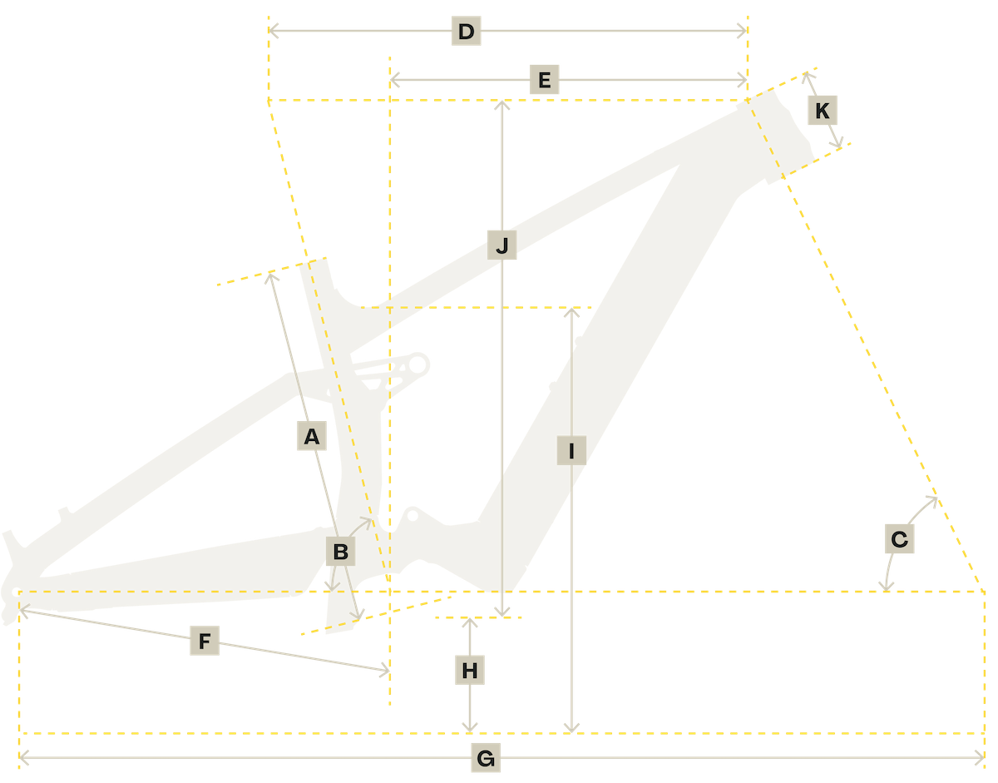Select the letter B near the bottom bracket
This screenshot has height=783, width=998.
click(x=340, y=551)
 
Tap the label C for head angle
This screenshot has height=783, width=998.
click(x=899, y=539)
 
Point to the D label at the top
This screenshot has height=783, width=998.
click(x=466, y=32)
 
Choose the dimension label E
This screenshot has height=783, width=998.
click(x=544, y=82)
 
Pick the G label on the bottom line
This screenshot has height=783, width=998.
click(x=487, y=759)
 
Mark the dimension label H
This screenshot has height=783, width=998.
click(x=470, y=671)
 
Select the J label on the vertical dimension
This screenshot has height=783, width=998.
click(x=501, y=246)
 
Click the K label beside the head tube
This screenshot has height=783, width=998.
click(x=823, y=110)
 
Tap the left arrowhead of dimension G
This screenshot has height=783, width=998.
click(x=22, y=757)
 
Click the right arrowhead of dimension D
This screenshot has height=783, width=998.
click(x=744, y=32)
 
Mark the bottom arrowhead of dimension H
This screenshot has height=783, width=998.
click(x=471, y=730)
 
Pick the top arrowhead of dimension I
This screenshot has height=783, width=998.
click(x=571, y=312)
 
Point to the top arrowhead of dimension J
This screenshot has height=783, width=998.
click(x=501, y=103)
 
